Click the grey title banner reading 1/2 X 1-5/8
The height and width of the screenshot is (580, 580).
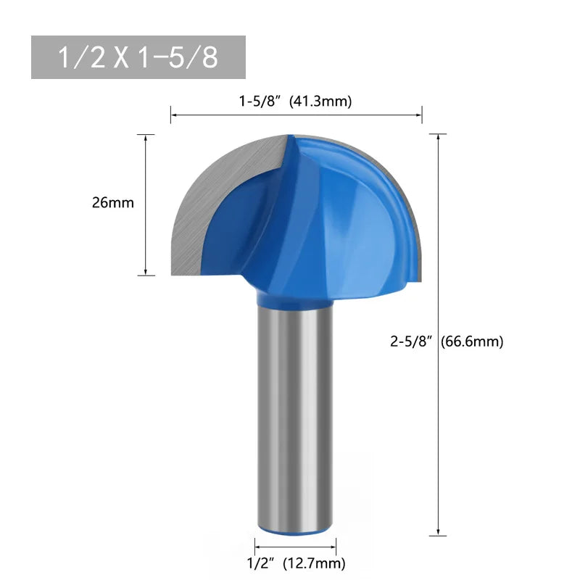tap(138, 57)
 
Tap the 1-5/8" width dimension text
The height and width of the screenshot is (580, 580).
tap(261, 102)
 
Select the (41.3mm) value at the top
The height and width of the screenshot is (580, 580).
tap(320, 102)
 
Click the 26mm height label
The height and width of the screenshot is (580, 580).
tap(113, 203)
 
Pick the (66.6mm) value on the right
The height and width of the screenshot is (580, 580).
tap(472, 341)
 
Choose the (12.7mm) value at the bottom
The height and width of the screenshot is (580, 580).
tap(313, 563)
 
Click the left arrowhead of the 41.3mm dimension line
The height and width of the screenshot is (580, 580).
tap(174, 114)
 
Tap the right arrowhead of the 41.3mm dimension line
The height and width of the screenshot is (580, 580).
tap(419, 114)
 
